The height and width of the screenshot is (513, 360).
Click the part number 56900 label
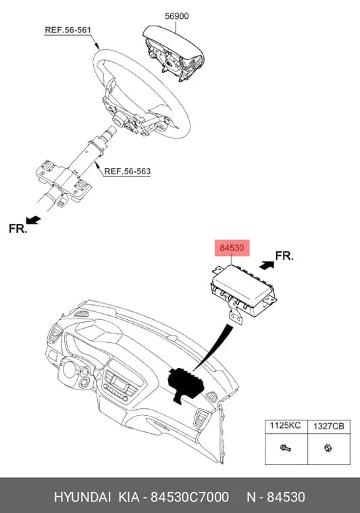tap(176, 16)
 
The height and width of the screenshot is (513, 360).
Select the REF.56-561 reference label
tap(68, 30)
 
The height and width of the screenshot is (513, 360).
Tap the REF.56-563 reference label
tap(127, 171)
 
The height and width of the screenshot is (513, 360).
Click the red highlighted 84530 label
tap(232, 248)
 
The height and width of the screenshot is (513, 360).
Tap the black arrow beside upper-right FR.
tap(267, 265)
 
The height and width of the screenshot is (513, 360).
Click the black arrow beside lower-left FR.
tap(33, 220)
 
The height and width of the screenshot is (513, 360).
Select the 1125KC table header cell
tap(286, 427)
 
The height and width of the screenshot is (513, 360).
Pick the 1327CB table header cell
tap(328, 427)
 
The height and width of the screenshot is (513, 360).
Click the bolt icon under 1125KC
tap(286, 448)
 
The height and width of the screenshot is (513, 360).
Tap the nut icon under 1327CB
tap(328, 448)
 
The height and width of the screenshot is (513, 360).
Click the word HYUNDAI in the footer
tap(82, 497)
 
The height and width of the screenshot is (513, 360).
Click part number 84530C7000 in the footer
tap(190, 497)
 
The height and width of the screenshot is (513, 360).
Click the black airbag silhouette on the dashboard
tap(186, 385)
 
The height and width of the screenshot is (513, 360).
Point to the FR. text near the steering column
tap(18, 228)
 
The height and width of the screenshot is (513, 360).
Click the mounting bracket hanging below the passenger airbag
tap(236, 315)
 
